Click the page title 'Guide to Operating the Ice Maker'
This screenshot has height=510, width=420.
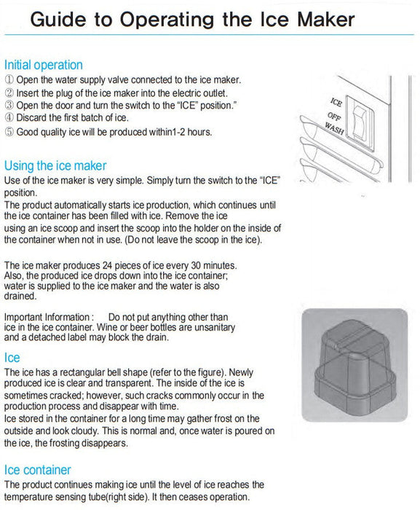coord(192,20)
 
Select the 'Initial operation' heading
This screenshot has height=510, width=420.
coord(43,65)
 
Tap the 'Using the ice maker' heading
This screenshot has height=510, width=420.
coord(55,166)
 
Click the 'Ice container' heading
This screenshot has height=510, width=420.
coord(38,470)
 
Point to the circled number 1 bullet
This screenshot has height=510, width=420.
coord(9,79)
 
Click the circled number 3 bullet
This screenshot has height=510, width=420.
coord(9,106)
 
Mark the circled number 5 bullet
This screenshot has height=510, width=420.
coord(9,132)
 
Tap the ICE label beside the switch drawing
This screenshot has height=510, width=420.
coord(336,103)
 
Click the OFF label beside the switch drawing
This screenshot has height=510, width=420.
coord(334,116)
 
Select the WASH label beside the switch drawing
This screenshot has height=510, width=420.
coord(335,129)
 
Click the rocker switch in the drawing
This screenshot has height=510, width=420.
coord(359,124)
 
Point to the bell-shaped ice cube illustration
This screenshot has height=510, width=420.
coord(355,364)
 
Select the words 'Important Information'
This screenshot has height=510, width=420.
coord(47,317)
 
